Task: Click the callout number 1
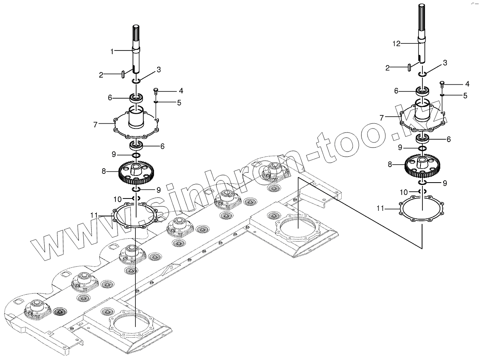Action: click(x=112, y=51)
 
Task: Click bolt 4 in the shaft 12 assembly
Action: click(x=442, y=84)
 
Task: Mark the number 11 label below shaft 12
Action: click(x=381, y=208)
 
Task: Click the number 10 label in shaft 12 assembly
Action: click(x=404, y=192)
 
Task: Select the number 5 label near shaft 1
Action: click(x=179, y=103)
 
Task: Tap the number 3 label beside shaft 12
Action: click(x=445, y=63)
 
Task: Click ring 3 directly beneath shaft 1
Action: click(x=136, y=82)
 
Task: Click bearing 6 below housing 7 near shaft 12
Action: click(x=422, y=139)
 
